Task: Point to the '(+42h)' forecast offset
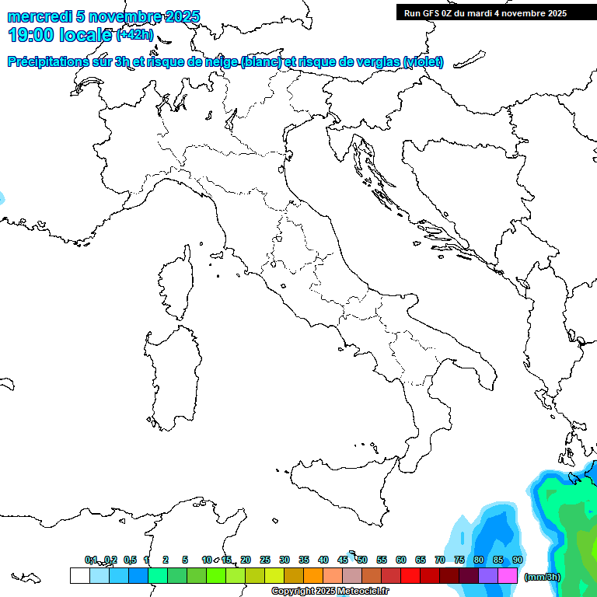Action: click(x=134, y=35)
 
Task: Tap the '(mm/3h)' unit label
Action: click(x=542, y=577)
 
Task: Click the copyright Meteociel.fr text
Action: click(x=330, y=592)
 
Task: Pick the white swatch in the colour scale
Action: click(x=79, y=576)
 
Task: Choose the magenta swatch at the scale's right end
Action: click(x=508, y=576)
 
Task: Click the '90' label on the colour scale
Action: click(x=518, y=560)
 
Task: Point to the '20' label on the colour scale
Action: click(x=246, y=560)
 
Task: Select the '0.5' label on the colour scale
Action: click(x=130, y=560)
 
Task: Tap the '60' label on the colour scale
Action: click(x=401, y=560)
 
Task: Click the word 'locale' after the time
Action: click(x=86, y=35)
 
